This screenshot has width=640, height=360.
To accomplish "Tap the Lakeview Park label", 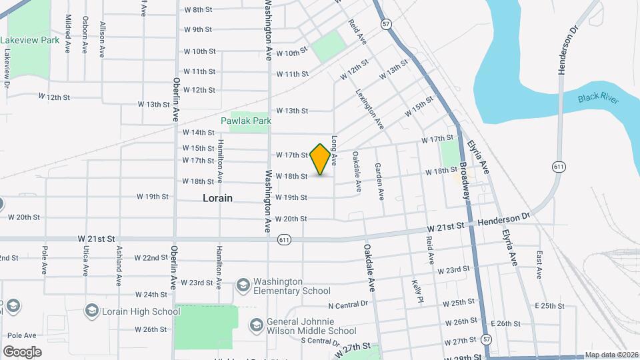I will coord(30,40).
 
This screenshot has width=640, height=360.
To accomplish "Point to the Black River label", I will coord(598,99).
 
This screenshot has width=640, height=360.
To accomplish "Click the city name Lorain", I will coord(218,198).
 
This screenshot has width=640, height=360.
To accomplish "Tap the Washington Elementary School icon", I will coord(243,285).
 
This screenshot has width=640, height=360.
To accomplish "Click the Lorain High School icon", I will coord(92,311).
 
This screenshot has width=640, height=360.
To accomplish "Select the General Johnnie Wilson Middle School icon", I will coord(255,325).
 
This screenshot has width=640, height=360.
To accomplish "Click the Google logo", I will coord(22,351).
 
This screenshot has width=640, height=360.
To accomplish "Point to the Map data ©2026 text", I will coord(611,355).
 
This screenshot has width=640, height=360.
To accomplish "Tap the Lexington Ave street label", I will coord(370,109).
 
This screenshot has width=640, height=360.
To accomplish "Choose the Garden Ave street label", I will coord(379,181).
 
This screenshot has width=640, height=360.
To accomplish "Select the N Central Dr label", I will coord(348,305).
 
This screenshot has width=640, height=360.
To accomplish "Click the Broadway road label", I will coord(465,177).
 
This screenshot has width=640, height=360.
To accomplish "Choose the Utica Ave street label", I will coord(86,260).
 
